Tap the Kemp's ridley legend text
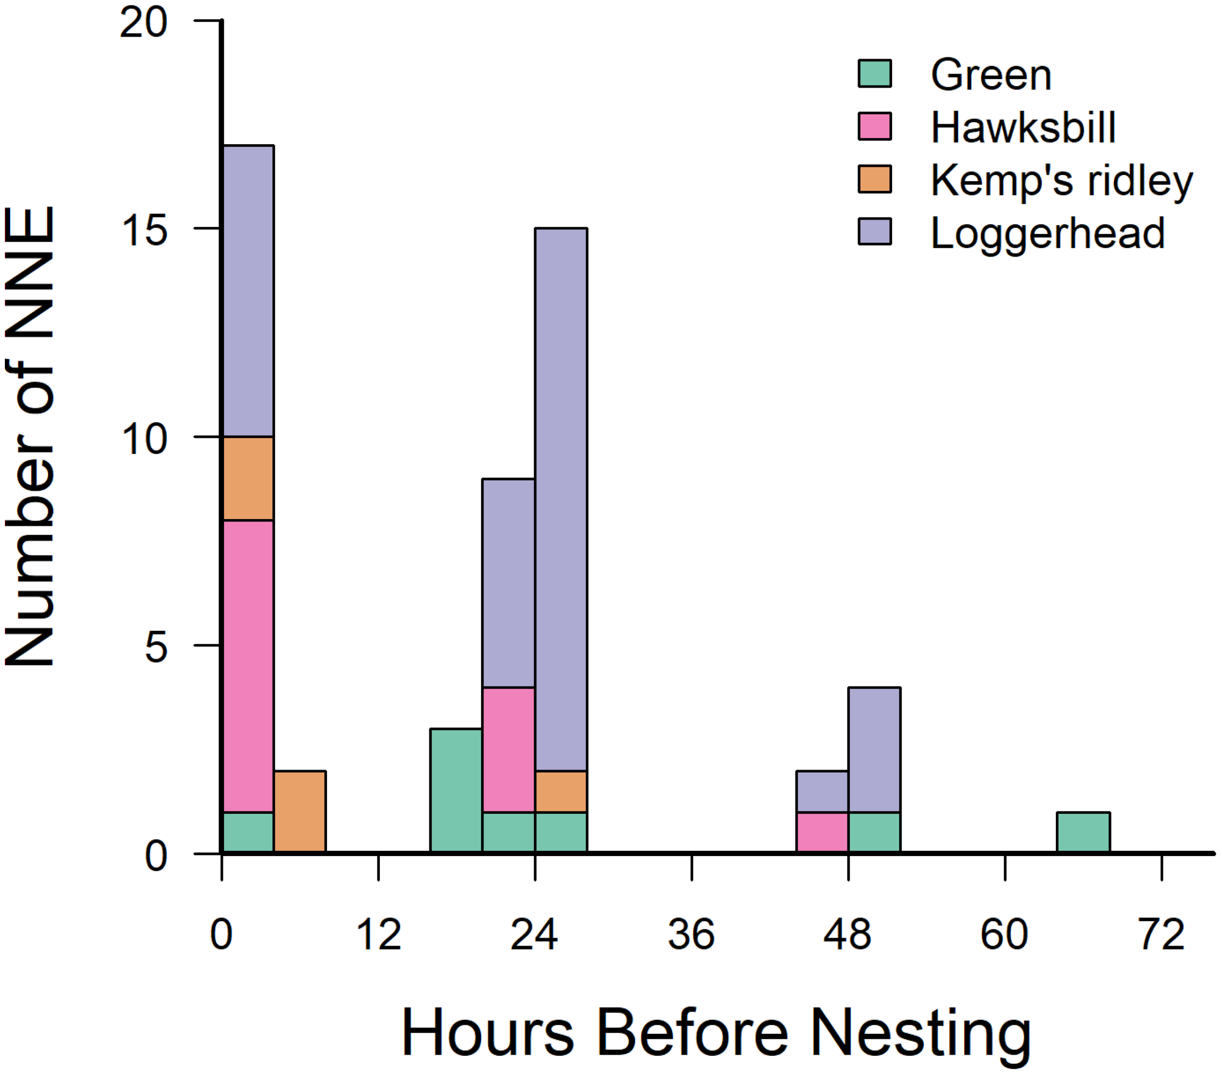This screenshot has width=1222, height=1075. point(1061,180)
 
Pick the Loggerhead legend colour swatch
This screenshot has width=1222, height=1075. point(874,232)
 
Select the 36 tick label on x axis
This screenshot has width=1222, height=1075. point(691,935)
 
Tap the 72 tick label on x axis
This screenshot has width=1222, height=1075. point(1161,935)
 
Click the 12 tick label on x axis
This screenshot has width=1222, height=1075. point(378,935)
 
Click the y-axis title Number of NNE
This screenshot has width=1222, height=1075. point(30,436)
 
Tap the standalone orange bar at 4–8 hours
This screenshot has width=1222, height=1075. point(300,812)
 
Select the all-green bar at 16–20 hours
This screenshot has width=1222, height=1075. point(456,791)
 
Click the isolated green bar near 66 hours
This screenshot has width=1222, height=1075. point(1083,833)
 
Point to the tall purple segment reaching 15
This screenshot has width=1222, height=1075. point(561,499)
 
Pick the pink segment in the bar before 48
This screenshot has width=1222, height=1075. point(822,833)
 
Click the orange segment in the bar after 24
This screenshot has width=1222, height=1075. point(561,791)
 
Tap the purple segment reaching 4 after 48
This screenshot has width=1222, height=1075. point(874,750)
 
